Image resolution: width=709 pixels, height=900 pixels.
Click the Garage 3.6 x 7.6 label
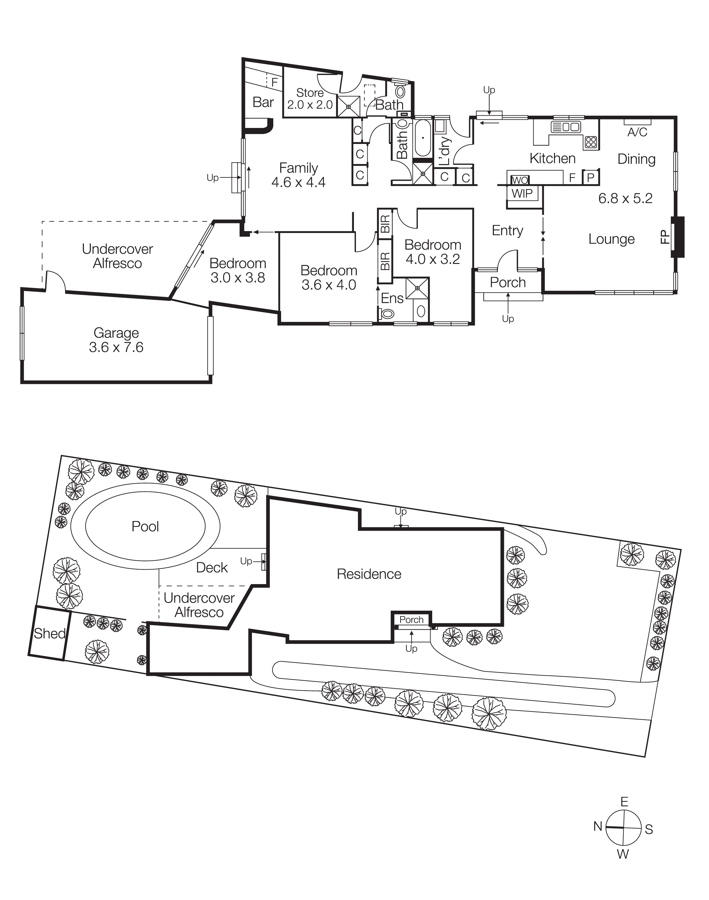116,340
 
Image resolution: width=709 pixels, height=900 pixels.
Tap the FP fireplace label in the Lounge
665,237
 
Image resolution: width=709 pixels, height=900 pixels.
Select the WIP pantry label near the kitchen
522,193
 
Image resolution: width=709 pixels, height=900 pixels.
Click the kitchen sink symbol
565,127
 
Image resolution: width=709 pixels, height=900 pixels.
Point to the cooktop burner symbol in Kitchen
591,142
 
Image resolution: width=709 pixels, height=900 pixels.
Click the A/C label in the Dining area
637,132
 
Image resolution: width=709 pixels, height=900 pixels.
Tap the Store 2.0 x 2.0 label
310,99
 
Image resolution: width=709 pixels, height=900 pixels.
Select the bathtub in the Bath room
423,138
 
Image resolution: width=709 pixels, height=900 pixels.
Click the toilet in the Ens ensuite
386,314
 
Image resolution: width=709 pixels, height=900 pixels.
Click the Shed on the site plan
49,633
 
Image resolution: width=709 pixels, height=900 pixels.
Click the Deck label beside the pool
212,567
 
